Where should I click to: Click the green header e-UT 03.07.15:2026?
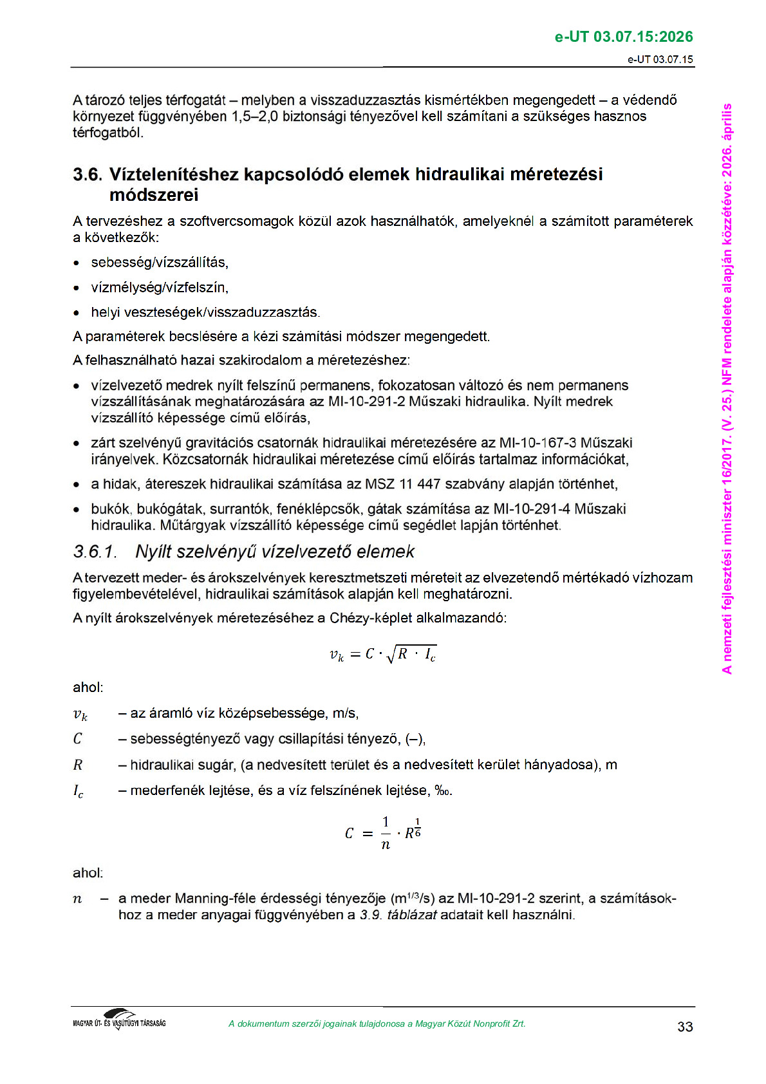[623, 37]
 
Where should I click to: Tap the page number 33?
[685, 1027]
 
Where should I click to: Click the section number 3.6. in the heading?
[87, 174]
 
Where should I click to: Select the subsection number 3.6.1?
[95, 552]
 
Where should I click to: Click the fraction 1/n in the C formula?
[386, 833]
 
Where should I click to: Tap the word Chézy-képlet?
[371, 618]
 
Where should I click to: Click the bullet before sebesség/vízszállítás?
[77, 263]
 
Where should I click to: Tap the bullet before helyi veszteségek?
[77, 313]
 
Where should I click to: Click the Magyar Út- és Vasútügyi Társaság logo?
[119, 1020]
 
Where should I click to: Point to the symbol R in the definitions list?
[78, 765]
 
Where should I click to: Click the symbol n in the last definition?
[77, 899]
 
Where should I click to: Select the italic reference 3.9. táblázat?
[398, 915]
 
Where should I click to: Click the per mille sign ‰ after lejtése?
[443, 790]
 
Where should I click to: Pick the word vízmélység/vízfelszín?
[160, 288]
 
